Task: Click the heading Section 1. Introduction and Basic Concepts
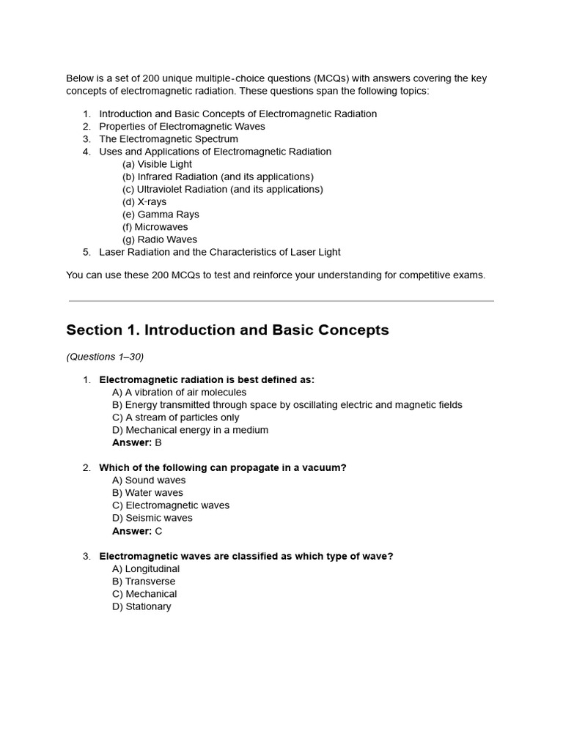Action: [x=227, y=330]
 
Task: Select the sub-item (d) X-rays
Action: [x=144, y=201]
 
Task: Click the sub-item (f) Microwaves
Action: [x=155, y=227]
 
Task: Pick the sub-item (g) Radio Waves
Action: [x=160, y=240]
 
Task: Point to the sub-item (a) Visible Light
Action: [x=158, y=164]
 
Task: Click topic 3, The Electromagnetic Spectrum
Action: [x=169, y=139]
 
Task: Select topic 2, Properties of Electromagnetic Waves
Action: [x=182, y=127]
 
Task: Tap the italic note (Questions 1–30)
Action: [x=105, y=357]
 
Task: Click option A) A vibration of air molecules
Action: [x=179, y=393]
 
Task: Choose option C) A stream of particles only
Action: [x=175, y=417]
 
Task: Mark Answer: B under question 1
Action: [x=136, y=442]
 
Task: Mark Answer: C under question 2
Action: [x=137, y=530]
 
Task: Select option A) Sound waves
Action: [x=149, y=480]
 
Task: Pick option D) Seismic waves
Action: [x=152, y=518]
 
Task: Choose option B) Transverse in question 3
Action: [x=144, y=582]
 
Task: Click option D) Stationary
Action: [x=141, y=606]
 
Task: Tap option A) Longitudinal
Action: [x=146, y=569]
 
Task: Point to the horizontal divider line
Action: [x=281, y=301]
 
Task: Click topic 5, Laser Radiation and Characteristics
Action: [x=220, y=252]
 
